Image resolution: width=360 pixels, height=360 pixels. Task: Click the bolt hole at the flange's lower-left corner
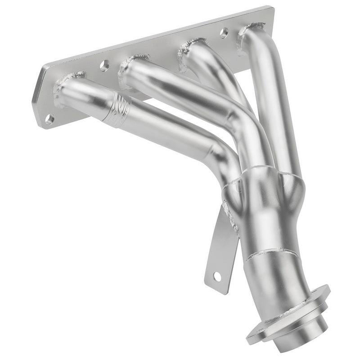pos(49,119)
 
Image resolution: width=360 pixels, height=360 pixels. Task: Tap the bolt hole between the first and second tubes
pos(104,66)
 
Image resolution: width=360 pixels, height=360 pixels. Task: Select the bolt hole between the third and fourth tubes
pos(224,32)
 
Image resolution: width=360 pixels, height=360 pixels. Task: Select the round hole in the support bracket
pos(217,276)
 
